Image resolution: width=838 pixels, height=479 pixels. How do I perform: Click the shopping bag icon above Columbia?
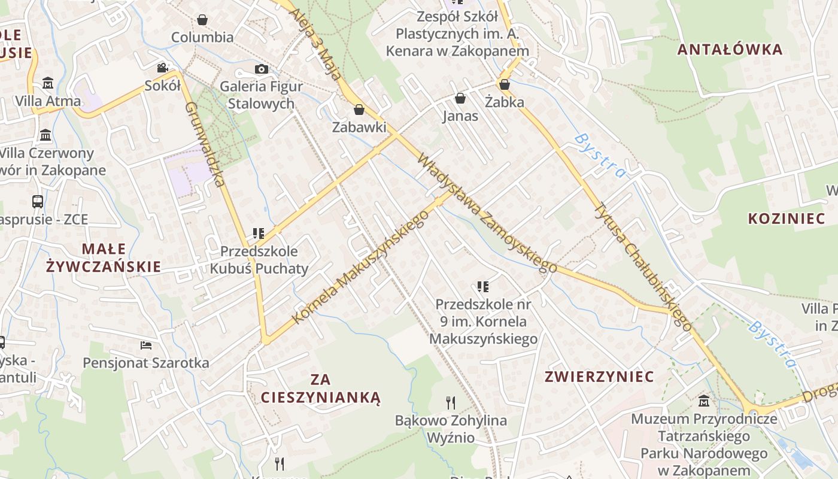click(x=202, y=20)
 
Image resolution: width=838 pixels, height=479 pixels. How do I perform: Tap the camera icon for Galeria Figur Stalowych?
click(x=261, y=69)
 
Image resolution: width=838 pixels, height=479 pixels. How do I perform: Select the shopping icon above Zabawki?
click(x=359, y=110)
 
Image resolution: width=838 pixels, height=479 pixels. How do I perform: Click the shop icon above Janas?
click(x=460, y=98)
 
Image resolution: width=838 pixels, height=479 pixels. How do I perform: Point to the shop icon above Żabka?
click(x=505, y=84)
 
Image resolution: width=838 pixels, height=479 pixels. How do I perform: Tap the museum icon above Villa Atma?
click(x=48, y=83)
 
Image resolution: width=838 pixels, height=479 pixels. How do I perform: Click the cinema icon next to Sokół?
click(x=162, y=68)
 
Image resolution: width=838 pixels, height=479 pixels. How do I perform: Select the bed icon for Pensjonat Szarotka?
click(x=146, y=345)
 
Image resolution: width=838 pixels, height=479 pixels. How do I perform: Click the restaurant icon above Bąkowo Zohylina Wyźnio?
click(x=451, y=402)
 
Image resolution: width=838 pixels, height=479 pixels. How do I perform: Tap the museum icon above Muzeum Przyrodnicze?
click(x=705, y=401)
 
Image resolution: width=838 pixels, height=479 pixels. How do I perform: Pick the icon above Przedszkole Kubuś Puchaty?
click(x=259, y=233)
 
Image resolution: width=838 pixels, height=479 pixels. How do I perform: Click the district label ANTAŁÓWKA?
click(x=730, y=50)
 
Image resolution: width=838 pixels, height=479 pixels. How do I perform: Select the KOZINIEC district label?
click(x=787, y=219)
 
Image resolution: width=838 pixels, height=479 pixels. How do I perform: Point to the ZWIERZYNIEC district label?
click(x=599, y=377)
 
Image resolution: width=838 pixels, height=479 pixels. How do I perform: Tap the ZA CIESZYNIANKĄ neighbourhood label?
click(x=321, y=388)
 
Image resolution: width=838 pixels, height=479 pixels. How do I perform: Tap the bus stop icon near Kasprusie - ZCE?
click(x=38, y=202)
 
